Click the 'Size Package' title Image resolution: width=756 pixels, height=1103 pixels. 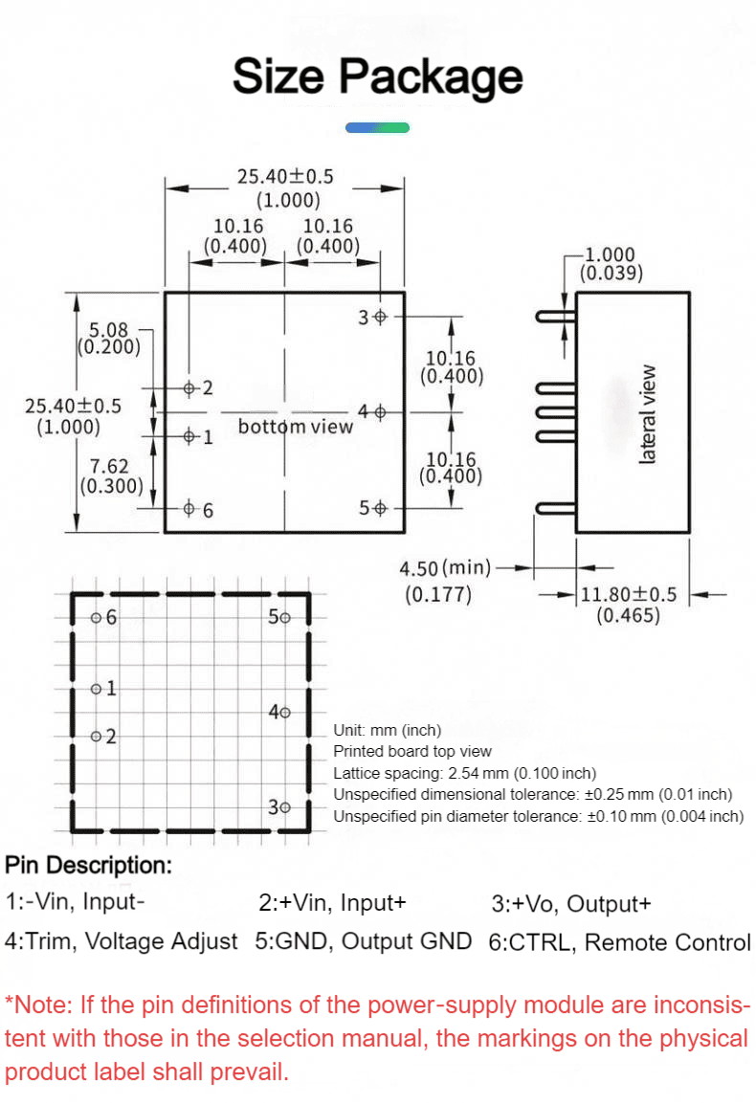coord(378,77)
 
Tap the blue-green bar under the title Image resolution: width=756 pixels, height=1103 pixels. coord(377,127)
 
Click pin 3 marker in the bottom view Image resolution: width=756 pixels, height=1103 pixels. coord(380,318)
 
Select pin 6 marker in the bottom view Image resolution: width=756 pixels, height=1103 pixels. coord(189,508)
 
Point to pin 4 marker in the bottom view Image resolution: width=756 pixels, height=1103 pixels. coord(380,412)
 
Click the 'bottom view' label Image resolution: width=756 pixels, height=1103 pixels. coord(295,427)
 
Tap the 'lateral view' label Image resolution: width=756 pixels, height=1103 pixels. coord(647,414)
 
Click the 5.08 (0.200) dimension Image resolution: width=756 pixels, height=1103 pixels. coord(109,339)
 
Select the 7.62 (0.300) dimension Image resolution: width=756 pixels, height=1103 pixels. coord(110,476)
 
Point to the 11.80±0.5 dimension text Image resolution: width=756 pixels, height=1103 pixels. coord(628,594)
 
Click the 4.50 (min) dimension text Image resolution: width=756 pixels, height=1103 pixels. coord(445,567)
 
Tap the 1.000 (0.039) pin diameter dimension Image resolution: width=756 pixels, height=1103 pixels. coord(611,264)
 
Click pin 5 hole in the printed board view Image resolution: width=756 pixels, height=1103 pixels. coord(283,618)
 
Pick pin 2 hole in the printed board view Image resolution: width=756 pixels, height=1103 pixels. coord(96,737)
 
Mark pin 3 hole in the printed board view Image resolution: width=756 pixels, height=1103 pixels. coord(283,807)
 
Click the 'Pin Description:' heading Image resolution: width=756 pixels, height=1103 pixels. coord(89,865)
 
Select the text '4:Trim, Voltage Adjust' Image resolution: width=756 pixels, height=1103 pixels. coord(122,941)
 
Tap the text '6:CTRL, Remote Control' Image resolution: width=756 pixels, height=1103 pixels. coord(619,942)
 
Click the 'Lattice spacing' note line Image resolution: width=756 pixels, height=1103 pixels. coord(464,773)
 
